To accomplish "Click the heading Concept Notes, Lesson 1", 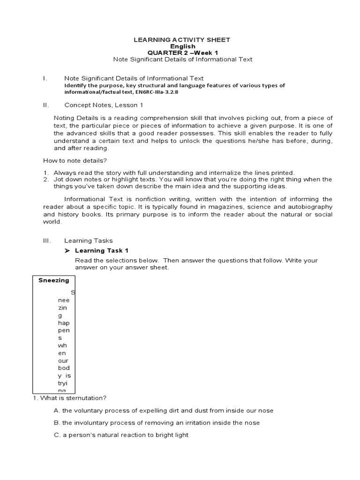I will [x=104, y=105].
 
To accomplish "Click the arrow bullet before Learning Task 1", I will [x=67, y=251].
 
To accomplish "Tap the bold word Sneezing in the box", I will [x=53, y=280].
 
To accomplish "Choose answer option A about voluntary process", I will [x=164, y=411].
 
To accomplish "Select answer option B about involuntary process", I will [x=157, y=423].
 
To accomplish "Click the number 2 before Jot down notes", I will [x=45, y=179].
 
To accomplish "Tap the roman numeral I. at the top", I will [x=45, y=78].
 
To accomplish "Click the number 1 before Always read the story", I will [x=45, y=172].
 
